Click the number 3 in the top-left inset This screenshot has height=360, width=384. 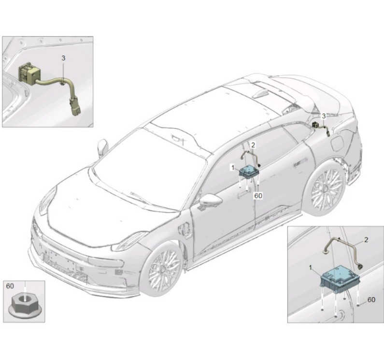[x=63, y=58]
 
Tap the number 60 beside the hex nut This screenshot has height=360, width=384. [x=10, y=286]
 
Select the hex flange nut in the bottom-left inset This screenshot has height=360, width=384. [x=25, y=305]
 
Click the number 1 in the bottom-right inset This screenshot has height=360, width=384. [x=311, y=267]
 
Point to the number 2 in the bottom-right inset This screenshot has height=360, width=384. [x=366, y=240]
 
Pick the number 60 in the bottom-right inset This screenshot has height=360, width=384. [x=371, y=300]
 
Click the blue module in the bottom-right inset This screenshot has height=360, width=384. [x=340, y=278]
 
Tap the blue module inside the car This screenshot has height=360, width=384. [x=249, y=172]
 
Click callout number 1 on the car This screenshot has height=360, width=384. [x=233, y=168]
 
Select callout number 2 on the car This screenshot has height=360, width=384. [x=253, y=145]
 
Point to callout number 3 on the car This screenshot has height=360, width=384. [x=324, y=116]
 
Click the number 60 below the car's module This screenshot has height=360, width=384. [x=258, y=196]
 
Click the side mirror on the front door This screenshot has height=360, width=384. [x=211, y=200]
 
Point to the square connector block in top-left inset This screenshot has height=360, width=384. [x=29, y=73]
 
